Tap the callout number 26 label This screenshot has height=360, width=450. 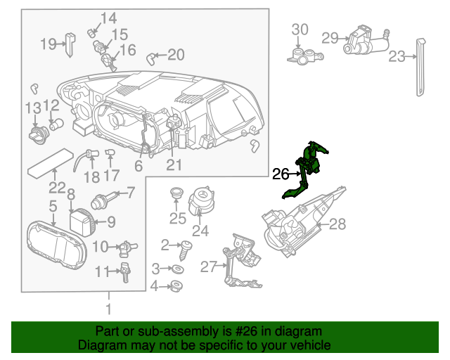pyautogui.click(x=281, y=173)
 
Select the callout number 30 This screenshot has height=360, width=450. pyautogui.click(x=300, y=30)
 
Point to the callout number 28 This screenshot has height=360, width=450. pyautogui.click(x=338, y=224)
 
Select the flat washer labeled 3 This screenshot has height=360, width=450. pyautogui.click(x=179, y=269)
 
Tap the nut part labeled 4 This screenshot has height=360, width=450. pyautogui.click(x=176, y=285)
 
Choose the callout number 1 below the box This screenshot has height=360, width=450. pyautogui.click(x=108, y=309)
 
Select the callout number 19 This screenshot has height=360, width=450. pyautogui.click(x=48, y=44)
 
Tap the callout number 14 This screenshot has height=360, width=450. pyautogui.click(x=108, y=18)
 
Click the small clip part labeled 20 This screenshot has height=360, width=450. pyautogui.click(x=151, y=56)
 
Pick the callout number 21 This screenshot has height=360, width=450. pyautogui.click(x=174, y=165)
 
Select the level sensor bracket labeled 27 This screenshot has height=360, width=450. pyautogui.click(x=239, y=264)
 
